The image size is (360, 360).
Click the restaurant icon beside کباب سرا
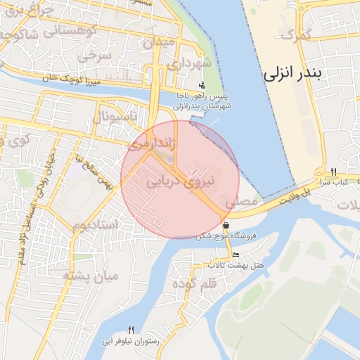coord(333,172)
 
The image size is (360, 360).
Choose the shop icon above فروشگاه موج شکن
coord(226,226)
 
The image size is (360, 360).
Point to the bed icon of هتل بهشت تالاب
coord(236,255)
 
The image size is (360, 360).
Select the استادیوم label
coord(99,225)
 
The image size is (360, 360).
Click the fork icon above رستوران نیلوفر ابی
coord(131,330)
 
